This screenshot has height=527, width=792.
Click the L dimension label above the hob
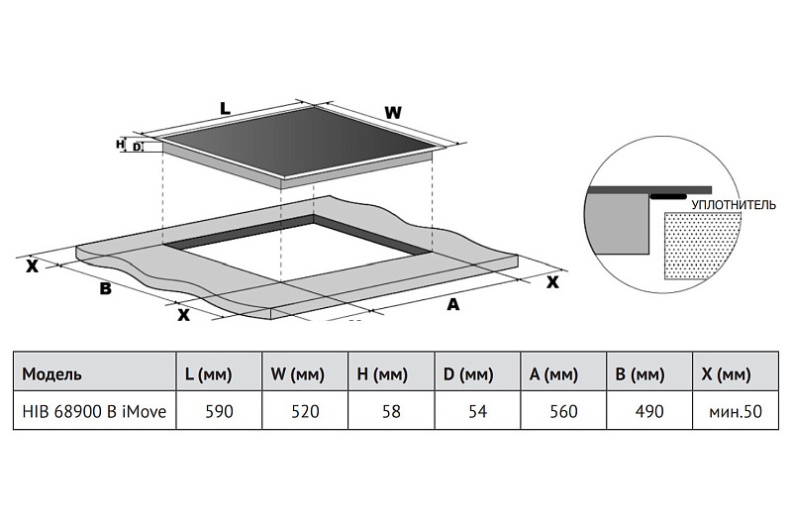[225, 108]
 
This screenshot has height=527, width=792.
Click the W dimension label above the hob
[393, 113]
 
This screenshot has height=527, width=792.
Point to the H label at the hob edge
[120, 145]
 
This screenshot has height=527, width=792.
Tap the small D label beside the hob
[137, 147]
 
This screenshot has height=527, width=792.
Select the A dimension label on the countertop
[453, 304]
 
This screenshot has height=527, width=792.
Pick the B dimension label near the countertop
[105, 288]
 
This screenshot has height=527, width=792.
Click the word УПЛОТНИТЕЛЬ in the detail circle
[733, 205]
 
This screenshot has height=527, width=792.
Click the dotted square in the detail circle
[703, 246]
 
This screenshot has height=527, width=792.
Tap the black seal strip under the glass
[668, 196]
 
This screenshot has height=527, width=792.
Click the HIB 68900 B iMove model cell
[94, 411]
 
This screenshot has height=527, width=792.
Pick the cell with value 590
[219, 411]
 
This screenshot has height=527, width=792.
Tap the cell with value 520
[305, 411]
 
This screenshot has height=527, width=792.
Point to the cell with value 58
[391, 411]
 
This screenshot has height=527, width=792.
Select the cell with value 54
[477, 411]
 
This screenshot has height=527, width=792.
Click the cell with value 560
[563, 411]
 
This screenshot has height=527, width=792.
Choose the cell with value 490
[649, 411]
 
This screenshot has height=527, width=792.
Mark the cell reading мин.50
[736, 411]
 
